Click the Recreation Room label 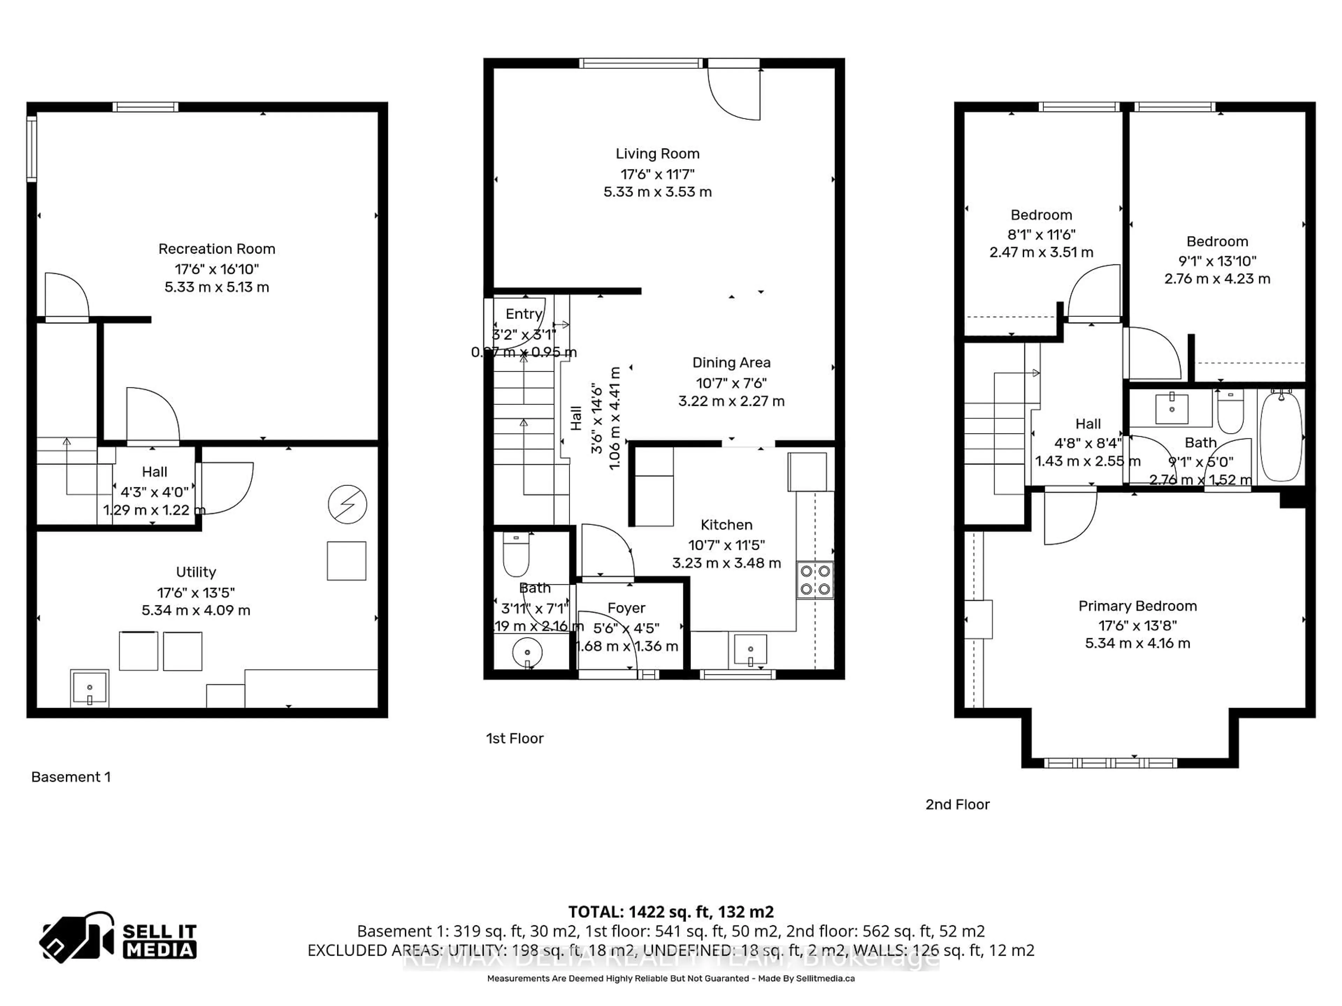click(217, 249)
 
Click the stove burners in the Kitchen click(815, 580)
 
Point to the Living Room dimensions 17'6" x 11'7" click(657, 174)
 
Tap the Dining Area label click(731, 363)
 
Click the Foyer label click(626, 607)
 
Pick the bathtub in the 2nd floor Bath click(1281, 437)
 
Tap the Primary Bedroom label click(1137, 606)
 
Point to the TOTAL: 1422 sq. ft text click(670, 911)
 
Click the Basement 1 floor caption click(71, 777)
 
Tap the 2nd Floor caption click(957, 804)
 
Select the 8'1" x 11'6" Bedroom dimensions click(1041, 234)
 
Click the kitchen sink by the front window click(750, 649)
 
